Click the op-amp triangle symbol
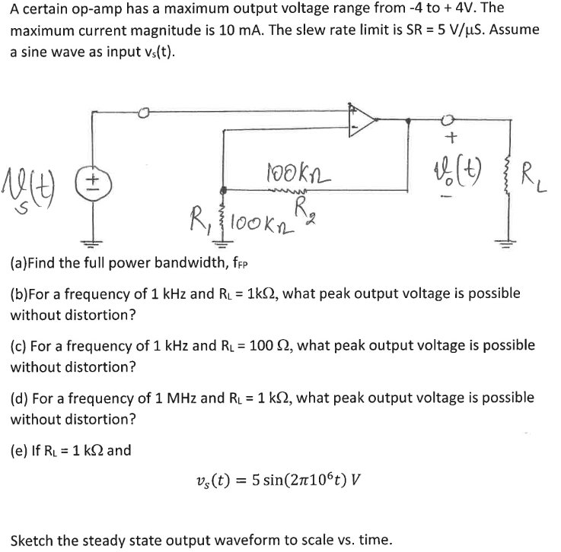click(362, 119)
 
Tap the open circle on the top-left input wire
click(145, 113)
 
